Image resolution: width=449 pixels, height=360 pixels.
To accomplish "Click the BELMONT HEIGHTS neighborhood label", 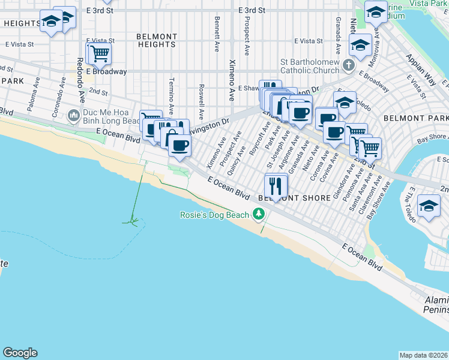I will [x=157, y=40].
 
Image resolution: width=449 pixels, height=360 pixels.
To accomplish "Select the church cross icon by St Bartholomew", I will [x=348, y=63].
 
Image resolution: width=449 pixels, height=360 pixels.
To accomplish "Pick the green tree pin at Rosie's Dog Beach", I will [x=259, y=214].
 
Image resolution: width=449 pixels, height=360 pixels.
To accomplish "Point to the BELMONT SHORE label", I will [x=294, y=198].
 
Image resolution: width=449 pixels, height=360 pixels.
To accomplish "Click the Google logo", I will [x=20, y=353].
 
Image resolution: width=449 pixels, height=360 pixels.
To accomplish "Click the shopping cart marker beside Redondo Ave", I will [x=100, y=53].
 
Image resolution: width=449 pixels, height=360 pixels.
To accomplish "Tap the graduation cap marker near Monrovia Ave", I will [x=361, y=46].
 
